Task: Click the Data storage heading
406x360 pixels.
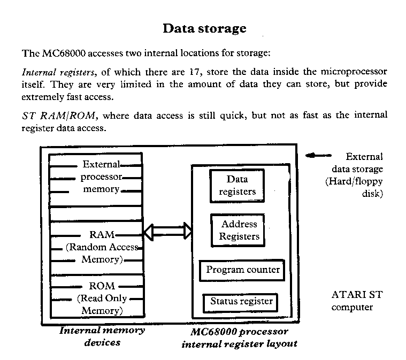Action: coord(204,29)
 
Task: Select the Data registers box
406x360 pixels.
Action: coord(237,186)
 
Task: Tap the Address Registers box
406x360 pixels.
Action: coord(238,230)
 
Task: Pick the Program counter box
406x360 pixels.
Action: coord(242,270)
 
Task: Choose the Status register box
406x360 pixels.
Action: coord(241,302)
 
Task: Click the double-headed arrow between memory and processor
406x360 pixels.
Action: coord(168,231)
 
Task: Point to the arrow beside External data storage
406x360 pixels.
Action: coord(318,156)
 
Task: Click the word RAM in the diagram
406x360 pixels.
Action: coord(102,235)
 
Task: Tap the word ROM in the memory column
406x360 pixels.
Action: coord(102,286)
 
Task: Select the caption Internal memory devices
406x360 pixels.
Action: coord(102,336)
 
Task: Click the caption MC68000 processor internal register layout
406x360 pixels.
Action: coord(240,338)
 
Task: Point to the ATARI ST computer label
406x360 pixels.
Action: coord(357,301)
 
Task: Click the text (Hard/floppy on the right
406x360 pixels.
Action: coord(354,181)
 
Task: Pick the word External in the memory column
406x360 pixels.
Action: coord(101,164)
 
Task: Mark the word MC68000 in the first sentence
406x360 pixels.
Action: coord(64,53)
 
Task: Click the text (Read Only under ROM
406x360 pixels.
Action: coord(102,298)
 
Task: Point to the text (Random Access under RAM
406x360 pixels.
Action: coord(102,247)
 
